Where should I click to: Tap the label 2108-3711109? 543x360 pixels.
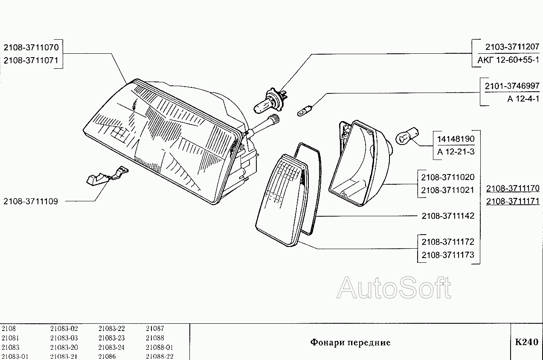click(x=31, y=201)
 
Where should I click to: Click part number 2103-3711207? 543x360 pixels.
click(x=512, y=46)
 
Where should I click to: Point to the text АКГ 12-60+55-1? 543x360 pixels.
click(x=508, y=60)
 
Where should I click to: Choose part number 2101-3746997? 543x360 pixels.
click(x=512, y=86)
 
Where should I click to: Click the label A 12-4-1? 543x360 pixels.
click(x=523, y=99)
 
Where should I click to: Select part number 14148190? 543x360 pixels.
click(x=456, y=139)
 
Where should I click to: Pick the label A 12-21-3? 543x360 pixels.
click(x=456, y=152)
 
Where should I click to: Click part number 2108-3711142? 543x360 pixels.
click(x=448, y=216)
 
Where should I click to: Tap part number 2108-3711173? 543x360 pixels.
click(x=448, y=255)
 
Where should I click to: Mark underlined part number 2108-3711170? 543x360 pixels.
click(x=513, y=188)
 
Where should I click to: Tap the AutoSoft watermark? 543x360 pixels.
click(x=393, y=287)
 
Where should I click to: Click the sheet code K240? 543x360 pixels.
click(x=526, y=342)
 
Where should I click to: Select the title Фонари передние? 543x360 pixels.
click(x=350, y=343)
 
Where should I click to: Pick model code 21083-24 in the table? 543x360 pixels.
click(x=111, y=347)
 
